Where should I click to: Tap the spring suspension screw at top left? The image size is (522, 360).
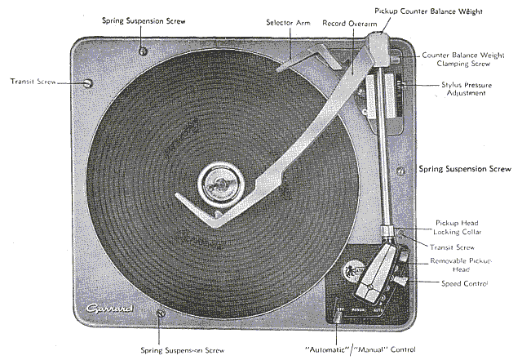144,51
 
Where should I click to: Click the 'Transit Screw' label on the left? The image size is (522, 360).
33,82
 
